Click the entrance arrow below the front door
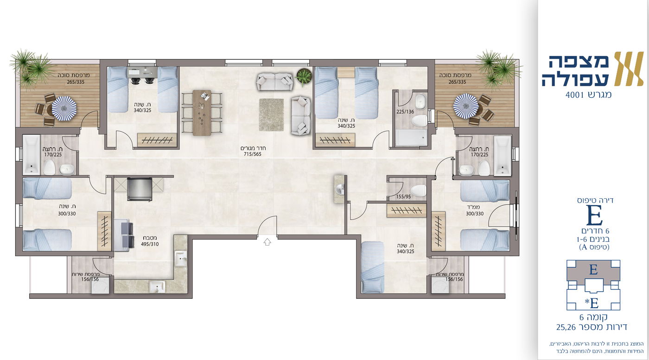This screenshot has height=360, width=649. point(267,242)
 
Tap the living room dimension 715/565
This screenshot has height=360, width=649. point(252,154)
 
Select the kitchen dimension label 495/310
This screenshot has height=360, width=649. point(150,244)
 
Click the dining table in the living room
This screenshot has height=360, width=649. point(202,113)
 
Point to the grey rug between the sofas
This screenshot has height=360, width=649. point(271,115)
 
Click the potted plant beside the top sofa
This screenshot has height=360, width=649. point(303,76)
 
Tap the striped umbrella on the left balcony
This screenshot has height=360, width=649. point(64,108)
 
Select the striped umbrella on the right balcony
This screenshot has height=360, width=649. point(465,106)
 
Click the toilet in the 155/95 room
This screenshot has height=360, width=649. point(418,191)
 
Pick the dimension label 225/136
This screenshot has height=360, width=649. point(405,112)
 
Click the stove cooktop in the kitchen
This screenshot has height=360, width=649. point(140,189)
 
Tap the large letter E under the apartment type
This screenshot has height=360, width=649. point(594,215)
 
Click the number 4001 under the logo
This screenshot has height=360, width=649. point(576,95)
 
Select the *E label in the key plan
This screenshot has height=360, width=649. point(592,303)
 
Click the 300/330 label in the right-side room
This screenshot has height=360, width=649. point(475,214)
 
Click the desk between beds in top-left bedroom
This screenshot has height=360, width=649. point(142,73)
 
